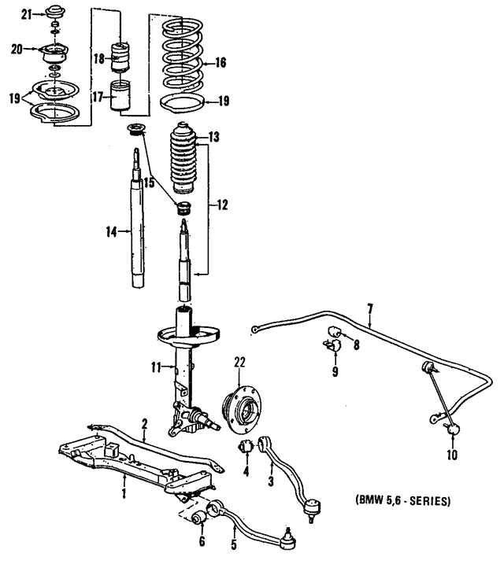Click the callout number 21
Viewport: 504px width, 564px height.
pos(26,15)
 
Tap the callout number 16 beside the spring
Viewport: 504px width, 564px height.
pos(220,63)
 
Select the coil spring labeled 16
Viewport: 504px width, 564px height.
pos(182,56)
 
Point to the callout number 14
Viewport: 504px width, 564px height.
pos(111,232)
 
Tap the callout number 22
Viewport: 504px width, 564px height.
pos(239,362)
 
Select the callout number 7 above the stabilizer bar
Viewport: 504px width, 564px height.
pos(369,309)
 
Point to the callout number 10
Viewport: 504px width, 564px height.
pos(452,455)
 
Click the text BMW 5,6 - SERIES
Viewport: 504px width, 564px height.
pos(402,501)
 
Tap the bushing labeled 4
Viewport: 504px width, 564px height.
pos(246,446)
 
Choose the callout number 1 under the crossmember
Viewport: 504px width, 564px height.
pos(124,492)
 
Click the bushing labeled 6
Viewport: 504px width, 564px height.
pos(199,518)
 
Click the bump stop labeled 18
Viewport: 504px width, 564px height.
pos(120,58)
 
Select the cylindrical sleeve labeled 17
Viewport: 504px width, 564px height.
pos(120,95)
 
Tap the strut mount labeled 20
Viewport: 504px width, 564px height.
pos(54,53)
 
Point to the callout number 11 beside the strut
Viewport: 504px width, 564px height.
pos(156,367)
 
